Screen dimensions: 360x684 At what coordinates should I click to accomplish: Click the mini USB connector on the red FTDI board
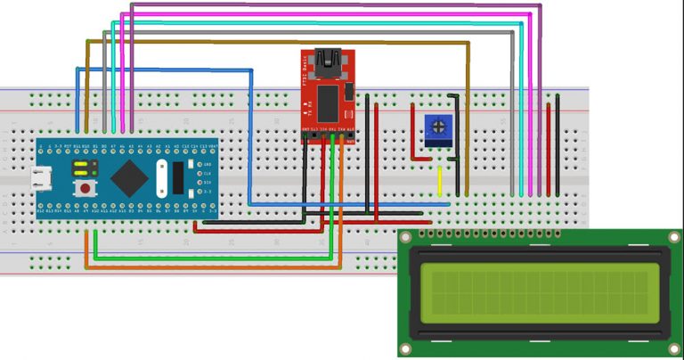336,61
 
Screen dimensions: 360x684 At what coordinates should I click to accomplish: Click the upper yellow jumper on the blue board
82,166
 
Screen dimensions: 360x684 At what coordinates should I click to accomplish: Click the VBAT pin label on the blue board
213,145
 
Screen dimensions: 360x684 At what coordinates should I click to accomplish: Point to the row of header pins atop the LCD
481,235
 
